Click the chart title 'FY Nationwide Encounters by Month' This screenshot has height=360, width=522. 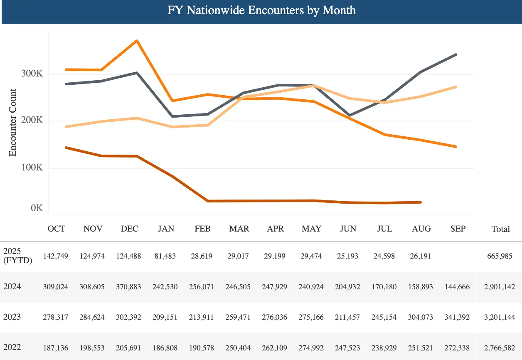click(x=261, y=10)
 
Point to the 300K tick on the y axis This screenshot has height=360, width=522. click(x=32, y=74)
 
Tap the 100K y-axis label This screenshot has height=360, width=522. click(x=32, y=168)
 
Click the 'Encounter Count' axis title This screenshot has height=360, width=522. click(x=13, y=122)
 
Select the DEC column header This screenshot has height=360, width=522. click(x=130, y=229)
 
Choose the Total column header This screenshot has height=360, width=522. click(x=500, y=229)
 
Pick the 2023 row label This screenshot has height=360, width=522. click(x=12, y=317)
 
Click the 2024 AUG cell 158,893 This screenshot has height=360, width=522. click(x=421, y=287)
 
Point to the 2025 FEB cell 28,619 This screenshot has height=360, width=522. click(x=202, y=256)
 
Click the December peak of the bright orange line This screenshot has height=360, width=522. click(x=137, y=41)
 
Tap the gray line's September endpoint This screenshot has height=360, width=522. click(x=456, y=54)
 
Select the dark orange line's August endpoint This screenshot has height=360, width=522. click(x=421, y=202)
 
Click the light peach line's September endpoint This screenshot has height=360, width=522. click(x=456, y=87)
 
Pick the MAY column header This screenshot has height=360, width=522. click(x=311, y=229)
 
